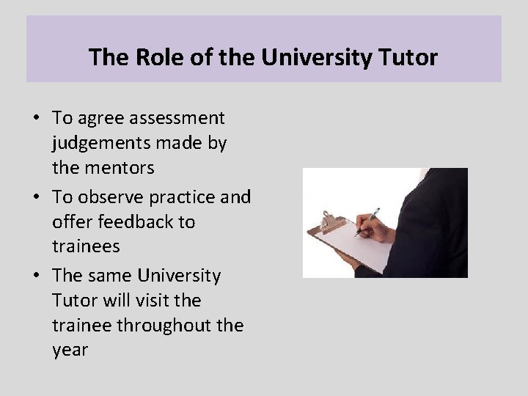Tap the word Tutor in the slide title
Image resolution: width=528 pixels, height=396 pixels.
409,56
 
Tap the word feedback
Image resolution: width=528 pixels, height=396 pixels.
131,221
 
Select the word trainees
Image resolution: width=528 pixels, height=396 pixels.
86,246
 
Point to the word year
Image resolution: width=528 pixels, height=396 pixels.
70,351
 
